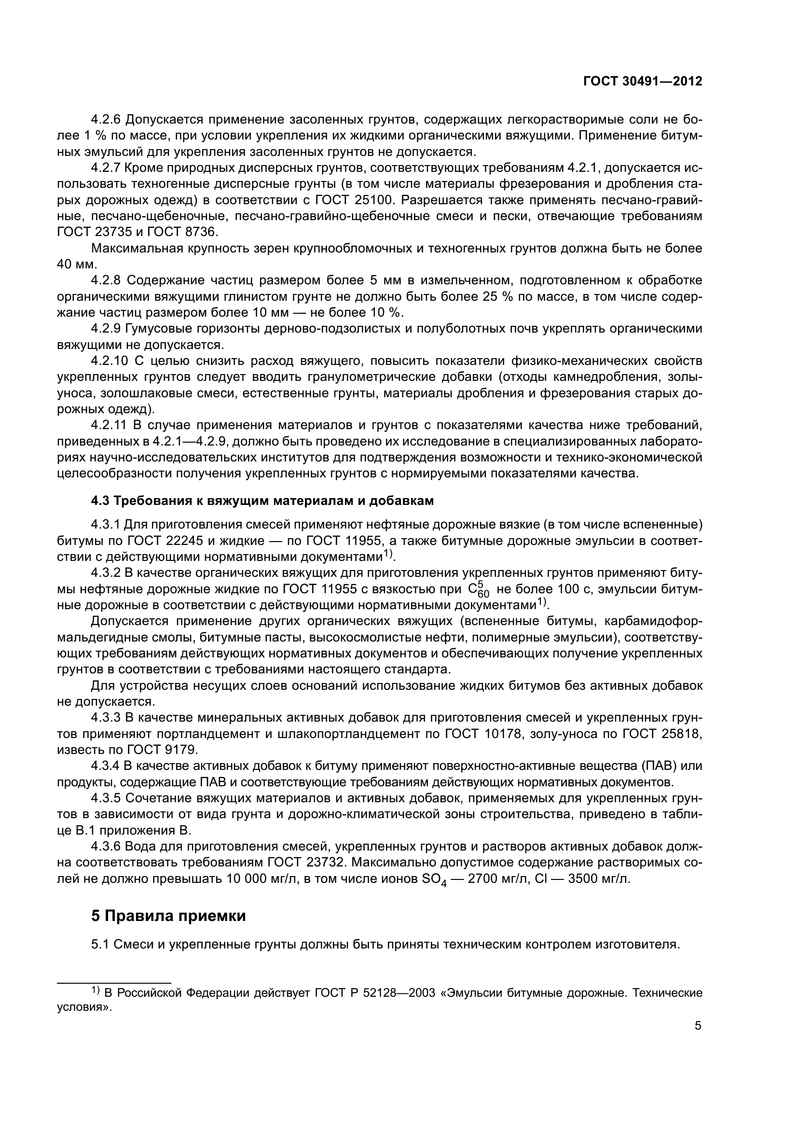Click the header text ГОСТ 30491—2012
pyautogui.click(x=642, y=81)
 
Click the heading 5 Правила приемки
pyautogui.click(x=168, y=916)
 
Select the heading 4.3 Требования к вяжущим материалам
pyautogui.click(x=262, y=501)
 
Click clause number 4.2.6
pyautogui.click(x=106, y=120)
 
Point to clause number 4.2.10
pyautogui.click(x=109, y=361)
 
